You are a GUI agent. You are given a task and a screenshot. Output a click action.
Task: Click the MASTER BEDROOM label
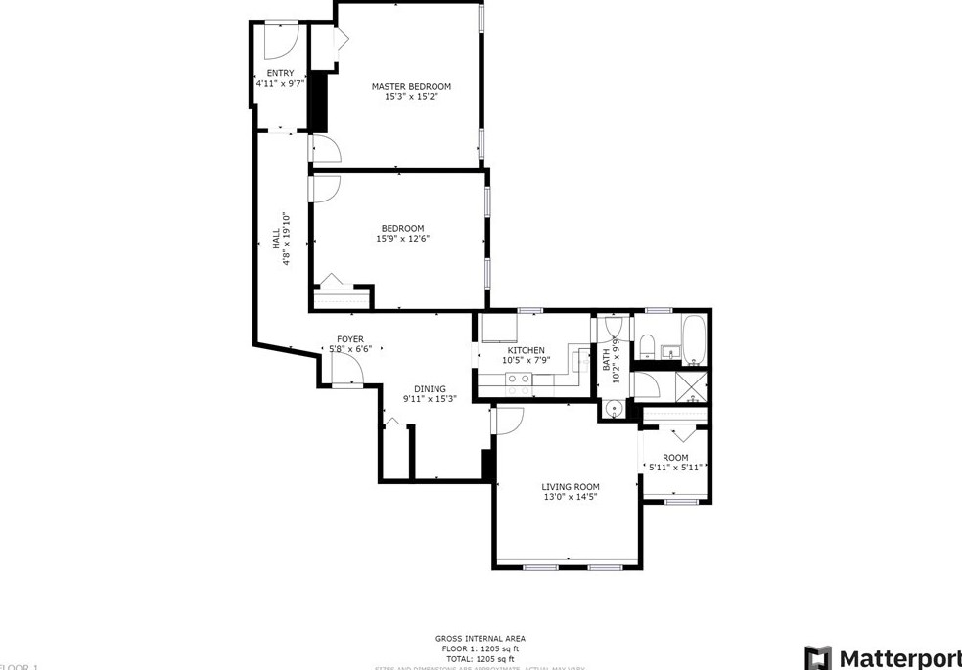pyautogui.click(x=411, y=86)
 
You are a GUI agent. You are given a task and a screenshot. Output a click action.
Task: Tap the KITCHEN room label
pyautogui.click(x=526, y=350)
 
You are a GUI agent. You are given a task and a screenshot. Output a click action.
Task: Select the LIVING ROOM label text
pyautogui.click(x=571, y=486)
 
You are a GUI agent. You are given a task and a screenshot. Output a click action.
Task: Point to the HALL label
pyautogui.click(x=276, y=238)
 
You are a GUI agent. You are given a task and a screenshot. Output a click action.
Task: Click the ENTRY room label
pyautogui.click(x=280, y=73)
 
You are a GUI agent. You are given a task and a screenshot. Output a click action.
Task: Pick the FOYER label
pyautogui.click(x=350, y=338)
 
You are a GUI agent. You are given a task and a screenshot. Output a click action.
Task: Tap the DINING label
pyautogui.click(x=430, y=388)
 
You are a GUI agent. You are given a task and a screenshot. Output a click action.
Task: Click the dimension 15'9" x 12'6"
pyautogui.click(x=403, y=239)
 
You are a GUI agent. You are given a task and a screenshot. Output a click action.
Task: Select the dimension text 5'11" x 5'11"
pyautogui.click(x=675, y=468)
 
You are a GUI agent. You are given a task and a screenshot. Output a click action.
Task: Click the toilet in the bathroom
pyautogui.click(x=647, y=343)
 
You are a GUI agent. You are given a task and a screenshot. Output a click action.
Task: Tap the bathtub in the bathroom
pyautogui.click(x=695, y=338)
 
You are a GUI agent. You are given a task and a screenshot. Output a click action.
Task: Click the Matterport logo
pyautogui.click(x=882, y=656)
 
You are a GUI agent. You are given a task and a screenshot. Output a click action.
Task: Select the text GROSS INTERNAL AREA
pyautogui.click(x=481, y=639)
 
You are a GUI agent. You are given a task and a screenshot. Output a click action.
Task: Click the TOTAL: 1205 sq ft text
pyautogui.click(x=481, y=658)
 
